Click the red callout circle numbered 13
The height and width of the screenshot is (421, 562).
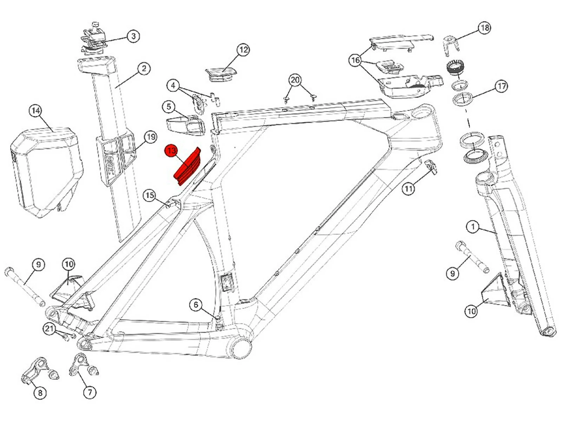pos(171,151)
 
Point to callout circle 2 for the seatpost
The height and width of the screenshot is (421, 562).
pos(144,68)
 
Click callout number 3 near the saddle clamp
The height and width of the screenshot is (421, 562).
pos(133,36)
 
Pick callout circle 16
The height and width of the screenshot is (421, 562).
pos(355,60)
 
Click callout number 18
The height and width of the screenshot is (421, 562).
pos(485,27)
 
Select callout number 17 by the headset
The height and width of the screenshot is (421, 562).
pos(501,86)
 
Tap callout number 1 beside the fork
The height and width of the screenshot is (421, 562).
pos(473,227)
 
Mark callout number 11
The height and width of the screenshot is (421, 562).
pos(408,189)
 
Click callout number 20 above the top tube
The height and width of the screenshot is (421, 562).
pos(295,80)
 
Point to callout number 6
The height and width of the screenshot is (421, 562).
pos(196,305)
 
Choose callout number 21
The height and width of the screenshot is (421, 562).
pos(49,329)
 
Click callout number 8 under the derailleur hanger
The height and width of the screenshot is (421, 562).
pos(40,393)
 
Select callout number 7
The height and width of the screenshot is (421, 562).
pos(90,392)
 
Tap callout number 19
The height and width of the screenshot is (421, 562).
pos(151,137)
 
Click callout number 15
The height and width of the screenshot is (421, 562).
pos(150,195)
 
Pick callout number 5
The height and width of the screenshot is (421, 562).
pos(169,106)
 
